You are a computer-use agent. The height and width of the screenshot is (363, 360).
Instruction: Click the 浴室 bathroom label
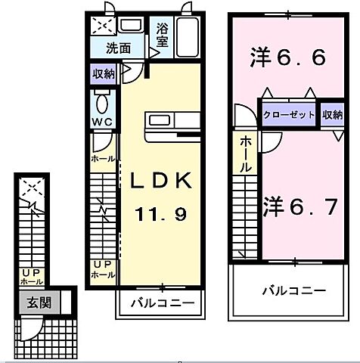pyautogui.click(x=162, y=35)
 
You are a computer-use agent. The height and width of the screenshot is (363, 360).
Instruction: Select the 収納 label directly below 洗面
pyautogui.click(x=104, y=74)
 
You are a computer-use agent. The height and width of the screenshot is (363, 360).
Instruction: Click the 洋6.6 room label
pyautogui.click(x=287, y=57)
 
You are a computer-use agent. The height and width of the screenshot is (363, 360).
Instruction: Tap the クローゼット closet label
pyautogui.click(x=290, y=114)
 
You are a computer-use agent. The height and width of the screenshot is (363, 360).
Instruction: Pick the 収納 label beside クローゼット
pyautogui.click(x=331, y=114)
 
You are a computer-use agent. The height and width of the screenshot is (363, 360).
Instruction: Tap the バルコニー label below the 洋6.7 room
pyautogui.click(x=294, y=290)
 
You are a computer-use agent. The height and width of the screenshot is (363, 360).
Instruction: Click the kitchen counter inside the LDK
pyautogui.click(x=172, y=122)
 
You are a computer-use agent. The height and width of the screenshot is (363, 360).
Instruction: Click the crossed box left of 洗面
pyautogui.click(x=101, y=26)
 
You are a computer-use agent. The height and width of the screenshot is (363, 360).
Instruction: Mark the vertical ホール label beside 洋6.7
pyautogui.click(x=246, y=154)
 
